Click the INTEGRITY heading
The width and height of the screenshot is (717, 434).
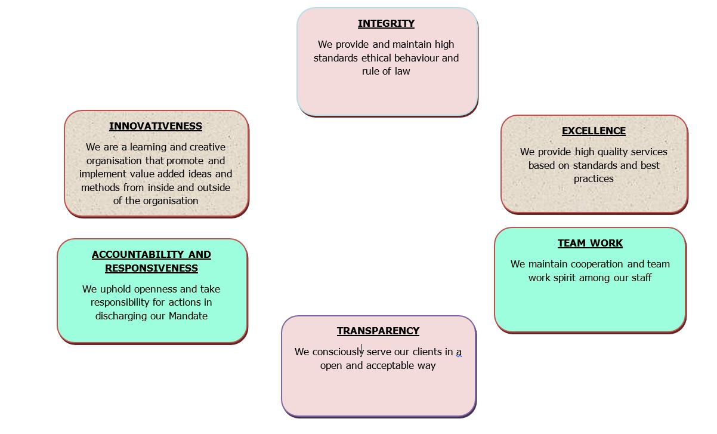coord(386,23)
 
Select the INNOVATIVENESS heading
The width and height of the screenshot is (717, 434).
coord(156,126)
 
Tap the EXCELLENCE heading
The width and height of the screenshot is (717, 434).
coord(594,131)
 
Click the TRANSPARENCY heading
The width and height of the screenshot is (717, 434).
coord(378,331)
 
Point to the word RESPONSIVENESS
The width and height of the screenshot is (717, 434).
coord(152,268)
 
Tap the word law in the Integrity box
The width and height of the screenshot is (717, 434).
coord(402,71)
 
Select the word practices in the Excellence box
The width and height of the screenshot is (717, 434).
coord(594,178)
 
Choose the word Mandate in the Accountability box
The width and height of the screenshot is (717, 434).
coord(188,316)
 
